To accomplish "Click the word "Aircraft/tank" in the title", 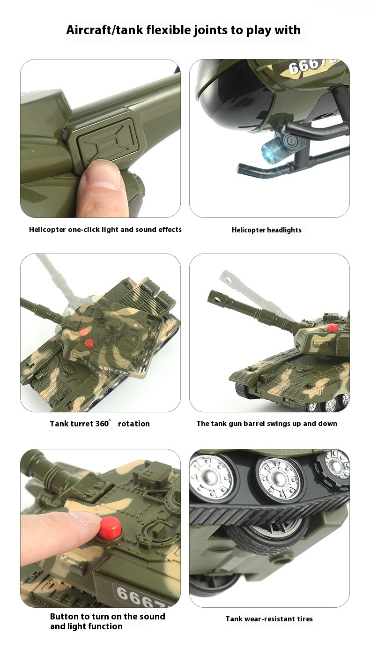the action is pyautogui.click(x=105, y=30).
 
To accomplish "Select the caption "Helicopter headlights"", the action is pyautogui.click(x=266, y=230).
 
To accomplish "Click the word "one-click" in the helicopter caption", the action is pyautogui.click(x=84, y=230).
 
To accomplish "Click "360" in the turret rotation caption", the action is pyautogui.click(x=102, y=424).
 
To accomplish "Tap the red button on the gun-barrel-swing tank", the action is pyautogui.click(x=333, y=327).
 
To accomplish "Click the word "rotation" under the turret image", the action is pyautogui.click(x=134, y=424).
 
